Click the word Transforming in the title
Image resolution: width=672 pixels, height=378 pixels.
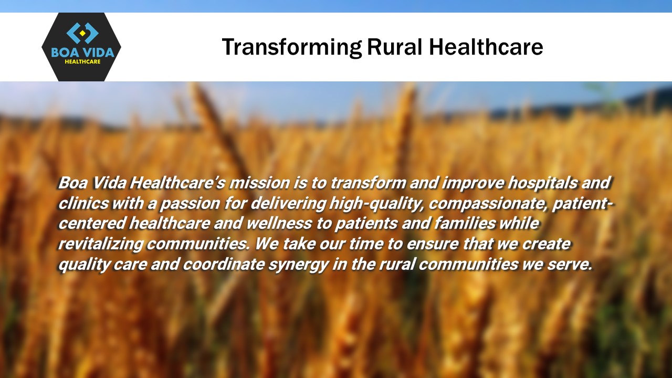pos(291,47)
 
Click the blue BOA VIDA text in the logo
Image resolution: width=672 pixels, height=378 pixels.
pos(82,53)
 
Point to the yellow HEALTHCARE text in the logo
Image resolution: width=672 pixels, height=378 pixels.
pos(82,62)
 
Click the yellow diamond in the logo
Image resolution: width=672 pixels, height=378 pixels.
pos(82,34)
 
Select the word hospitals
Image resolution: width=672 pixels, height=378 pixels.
pos(542,184)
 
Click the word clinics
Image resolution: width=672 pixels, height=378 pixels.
pos(83,203)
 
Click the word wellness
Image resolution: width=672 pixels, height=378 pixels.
pos(279,224)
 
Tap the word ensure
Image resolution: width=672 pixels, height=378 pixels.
pos(433,244)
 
